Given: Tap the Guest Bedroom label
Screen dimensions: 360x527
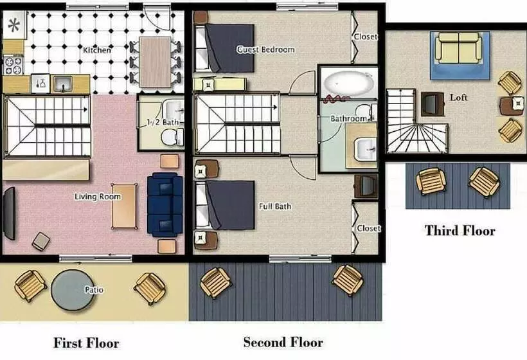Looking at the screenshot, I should [x=265, y=50].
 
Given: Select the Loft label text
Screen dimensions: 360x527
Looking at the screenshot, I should [x=458, y=98].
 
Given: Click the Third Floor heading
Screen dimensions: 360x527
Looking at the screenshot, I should [x=460, y=230].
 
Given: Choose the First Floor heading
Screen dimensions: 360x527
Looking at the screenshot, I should [x=86, y=343].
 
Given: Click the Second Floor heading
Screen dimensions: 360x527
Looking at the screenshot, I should [x=283, y=342].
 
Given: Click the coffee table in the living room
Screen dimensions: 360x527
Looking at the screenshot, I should [x=124, y=206].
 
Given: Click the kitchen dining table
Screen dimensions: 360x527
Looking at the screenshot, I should [x=156, y=62].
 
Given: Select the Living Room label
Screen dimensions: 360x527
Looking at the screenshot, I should [x=97, y=197].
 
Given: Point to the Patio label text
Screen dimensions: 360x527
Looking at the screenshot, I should [x=94, y=290].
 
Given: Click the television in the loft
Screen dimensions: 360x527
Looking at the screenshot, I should [x=430, y=103].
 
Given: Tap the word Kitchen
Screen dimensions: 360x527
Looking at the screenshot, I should [x=97, y=50].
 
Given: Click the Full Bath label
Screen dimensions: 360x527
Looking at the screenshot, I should [x=275, y=206].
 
